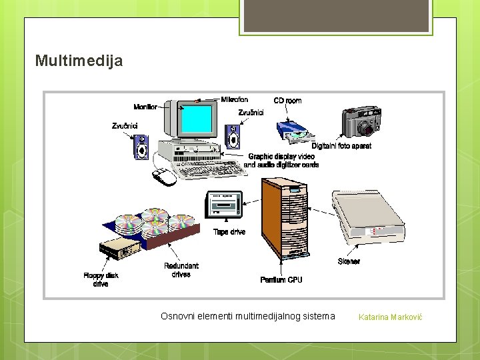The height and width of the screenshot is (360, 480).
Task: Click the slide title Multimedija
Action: point(79,61)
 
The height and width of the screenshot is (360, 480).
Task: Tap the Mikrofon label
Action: point(234,100)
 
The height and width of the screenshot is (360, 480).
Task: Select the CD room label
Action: point(287,101)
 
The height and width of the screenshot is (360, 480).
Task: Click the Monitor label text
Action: point(145,107)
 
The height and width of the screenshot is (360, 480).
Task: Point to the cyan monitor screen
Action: point(197,119)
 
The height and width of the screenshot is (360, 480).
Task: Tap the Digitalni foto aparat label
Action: point(342,146)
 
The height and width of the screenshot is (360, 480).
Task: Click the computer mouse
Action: point(163,177)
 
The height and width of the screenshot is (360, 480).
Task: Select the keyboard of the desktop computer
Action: point(210,169)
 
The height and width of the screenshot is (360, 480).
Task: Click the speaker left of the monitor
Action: point(141,147)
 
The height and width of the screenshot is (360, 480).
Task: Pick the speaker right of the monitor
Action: point(233,138)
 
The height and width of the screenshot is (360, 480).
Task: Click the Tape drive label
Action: point(229,232)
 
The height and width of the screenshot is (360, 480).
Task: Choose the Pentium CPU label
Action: point(281,280)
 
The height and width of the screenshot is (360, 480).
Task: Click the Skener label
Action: point(349,261)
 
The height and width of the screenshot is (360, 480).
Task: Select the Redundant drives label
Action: point(181,270)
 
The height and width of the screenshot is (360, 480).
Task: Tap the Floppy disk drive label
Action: point(101,280)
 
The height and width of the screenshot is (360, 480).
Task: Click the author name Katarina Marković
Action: point(390,317)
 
